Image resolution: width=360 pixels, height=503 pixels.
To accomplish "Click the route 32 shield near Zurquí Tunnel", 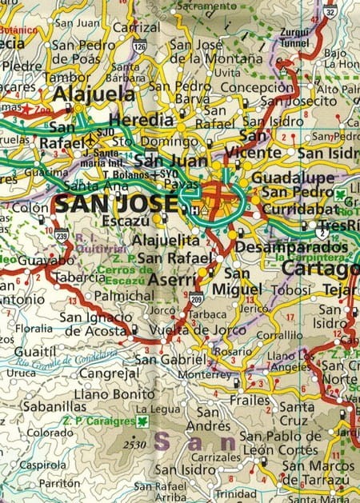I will pos(330,10).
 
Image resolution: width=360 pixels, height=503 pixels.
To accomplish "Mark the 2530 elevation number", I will pos(137,444).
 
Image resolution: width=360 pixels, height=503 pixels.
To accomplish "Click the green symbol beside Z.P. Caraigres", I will pos(142,421).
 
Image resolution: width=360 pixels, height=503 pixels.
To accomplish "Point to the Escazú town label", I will pos(129,217).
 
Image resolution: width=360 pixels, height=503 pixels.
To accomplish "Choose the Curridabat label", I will pos(290,207).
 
